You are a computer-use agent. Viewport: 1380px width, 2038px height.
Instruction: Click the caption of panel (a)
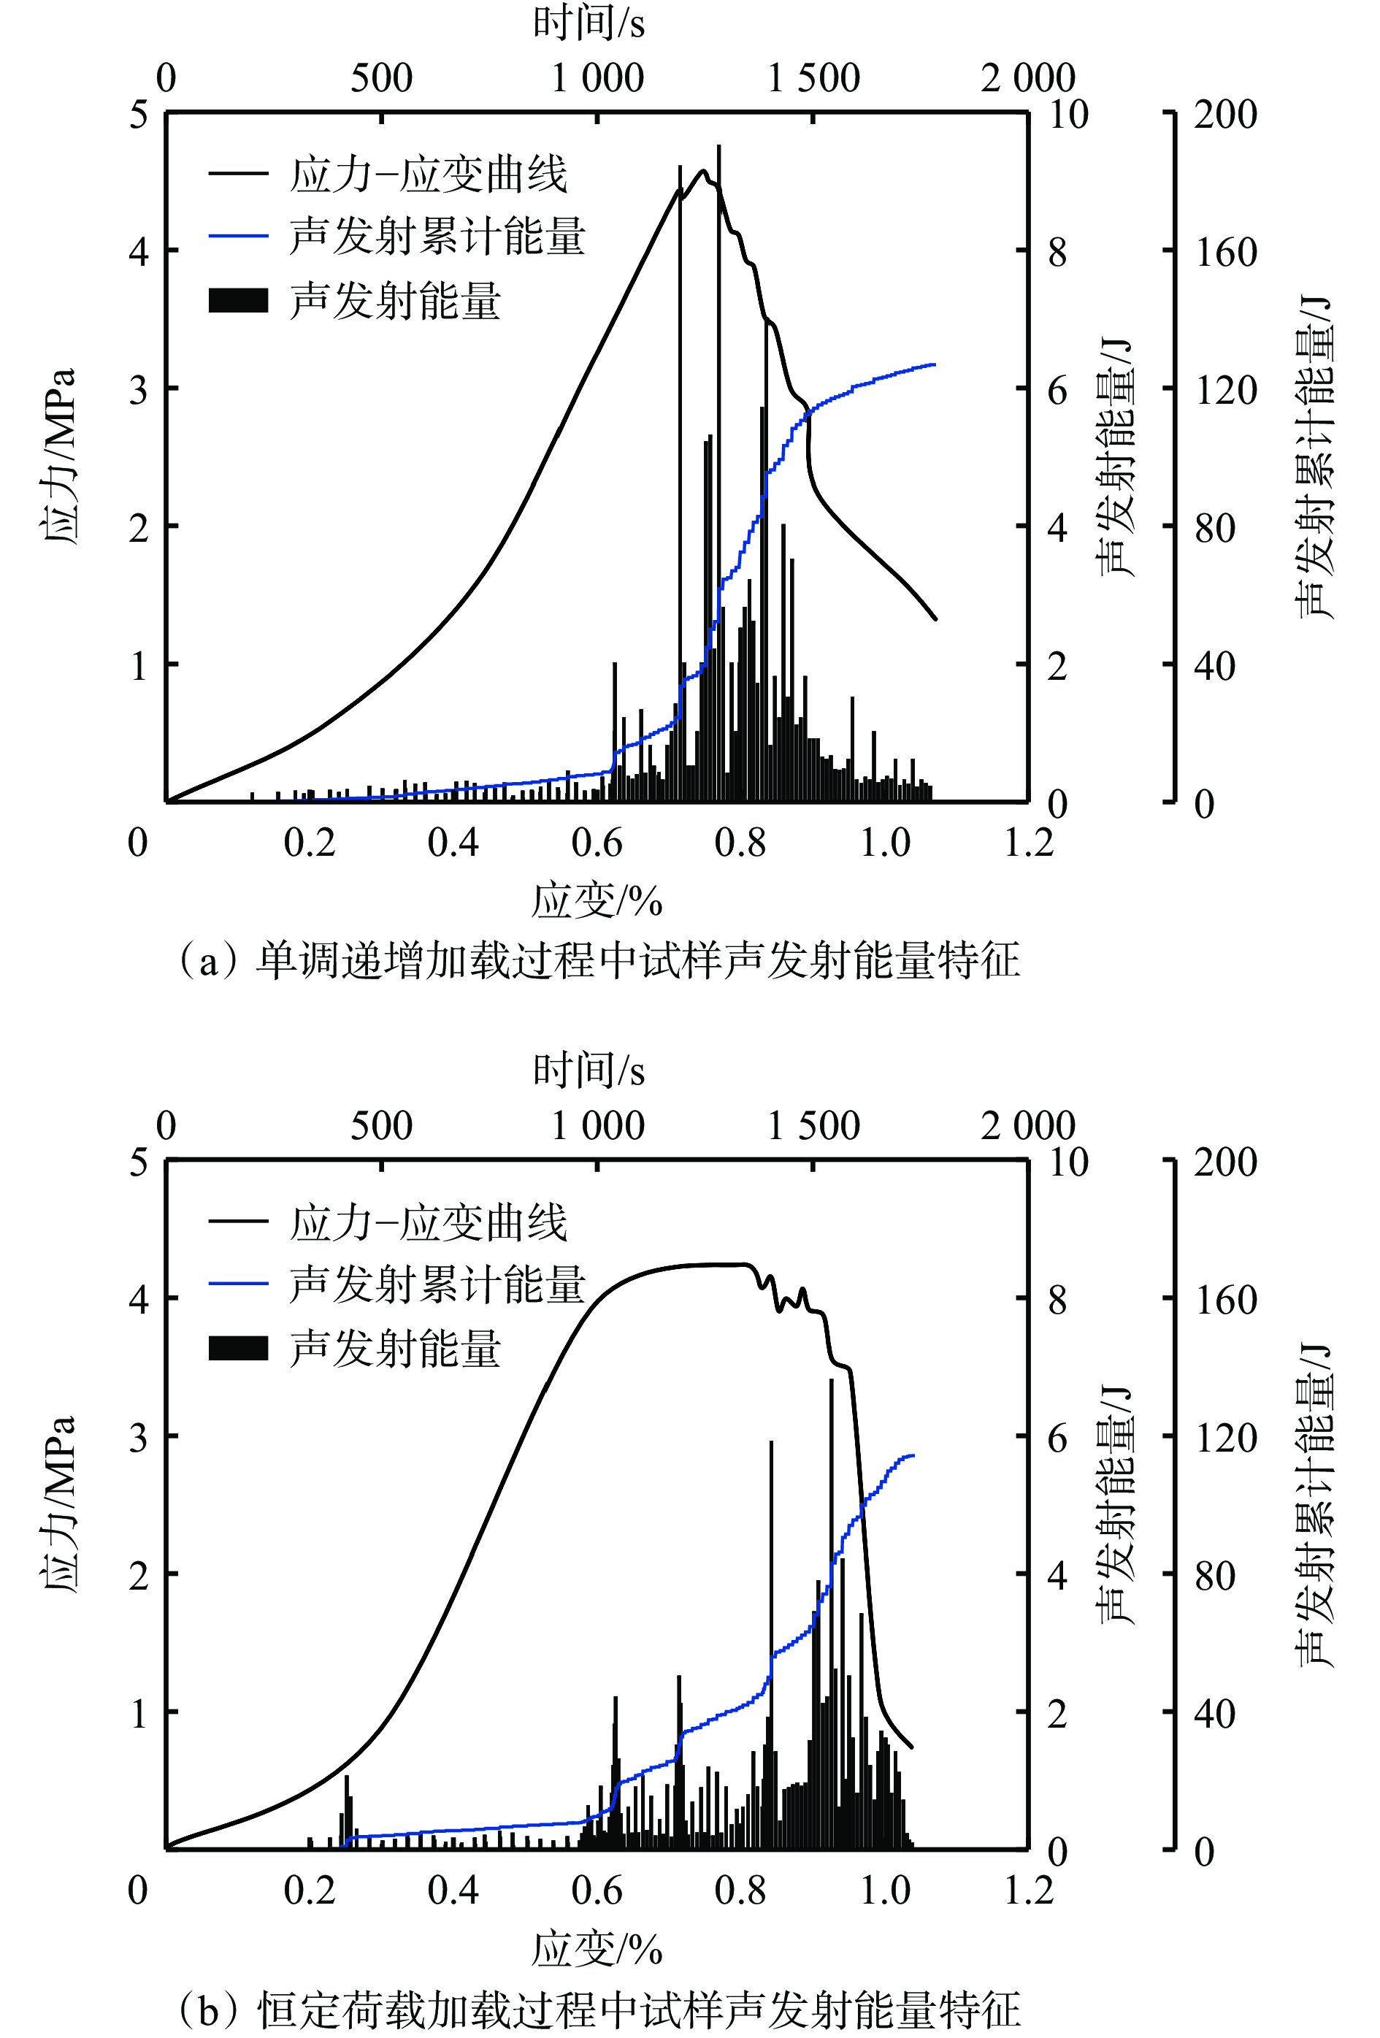[599, 961]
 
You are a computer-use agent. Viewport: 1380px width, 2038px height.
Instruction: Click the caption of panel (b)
[599, 2009]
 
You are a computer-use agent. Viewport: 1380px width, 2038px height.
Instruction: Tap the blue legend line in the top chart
[237, 236]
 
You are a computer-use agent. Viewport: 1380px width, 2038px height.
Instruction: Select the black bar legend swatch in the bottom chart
[237, 1349]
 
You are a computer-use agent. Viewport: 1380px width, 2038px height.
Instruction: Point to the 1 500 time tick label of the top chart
[813, 79]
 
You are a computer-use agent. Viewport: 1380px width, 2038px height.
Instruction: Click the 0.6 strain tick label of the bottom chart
[597, 1890]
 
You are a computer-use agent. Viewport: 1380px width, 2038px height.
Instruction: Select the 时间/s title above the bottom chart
[589, 1070]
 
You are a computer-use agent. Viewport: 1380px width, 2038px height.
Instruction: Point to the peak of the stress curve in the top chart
[702, 171]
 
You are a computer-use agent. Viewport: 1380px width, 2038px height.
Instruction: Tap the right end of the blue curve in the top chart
[935, 364]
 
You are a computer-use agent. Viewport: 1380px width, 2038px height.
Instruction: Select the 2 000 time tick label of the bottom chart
[1027, 1126]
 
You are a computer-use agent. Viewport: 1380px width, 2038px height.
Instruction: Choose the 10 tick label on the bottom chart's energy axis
[1069, 1162]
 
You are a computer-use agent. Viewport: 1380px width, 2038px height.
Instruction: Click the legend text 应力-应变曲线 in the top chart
[428, 175]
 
